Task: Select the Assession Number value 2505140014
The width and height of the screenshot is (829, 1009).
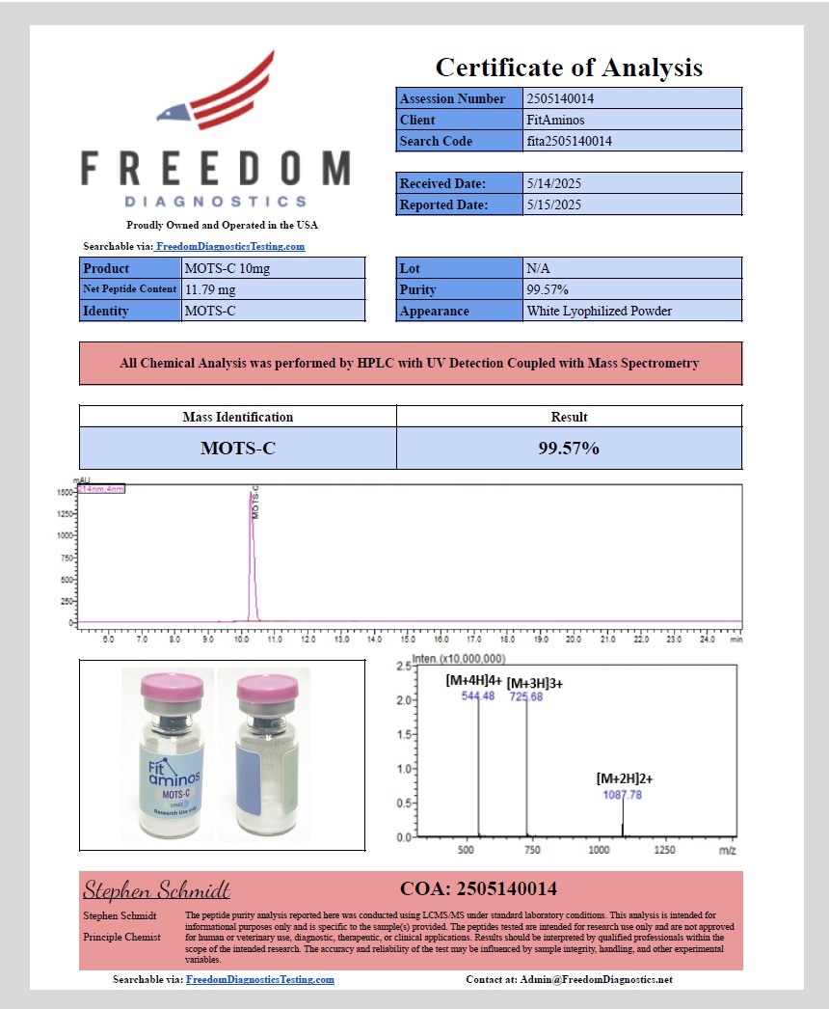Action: click(x=559, y=98)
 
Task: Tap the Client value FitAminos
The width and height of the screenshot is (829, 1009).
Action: click(x=555, y=120)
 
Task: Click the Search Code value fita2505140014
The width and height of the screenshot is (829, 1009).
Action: click(x=569, y=141)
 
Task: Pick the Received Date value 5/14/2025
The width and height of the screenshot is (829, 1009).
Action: click(x=553, y=183)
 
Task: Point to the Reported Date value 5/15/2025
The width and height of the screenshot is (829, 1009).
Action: click(x=553, y=205)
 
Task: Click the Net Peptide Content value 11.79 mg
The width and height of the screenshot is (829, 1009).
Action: click(x=210, y=289)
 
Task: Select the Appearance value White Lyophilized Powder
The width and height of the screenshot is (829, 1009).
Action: click(x=599, y=311)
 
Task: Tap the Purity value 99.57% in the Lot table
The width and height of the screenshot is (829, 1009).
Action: click(x=548, y=289)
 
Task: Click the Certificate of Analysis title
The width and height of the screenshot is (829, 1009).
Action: click(x=569, y=68)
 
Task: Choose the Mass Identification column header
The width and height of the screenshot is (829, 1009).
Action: click(x=237, y=417)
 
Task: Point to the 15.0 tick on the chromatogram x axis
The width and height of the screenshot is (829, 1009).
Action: click(x=408, y=639)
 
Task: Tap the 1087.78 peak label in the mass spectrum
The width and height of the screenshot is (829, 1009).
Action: click(x=622, y=795)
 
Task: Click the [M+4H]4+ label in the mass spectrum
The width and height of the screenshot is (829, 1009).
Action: click(x=473, y=680)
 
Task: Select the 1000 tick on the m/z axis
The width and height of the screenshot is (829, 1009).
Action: click(x=599, y=851)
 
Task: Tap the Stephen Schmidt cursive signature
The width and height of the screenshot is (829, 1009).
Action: click(x=156, y=888)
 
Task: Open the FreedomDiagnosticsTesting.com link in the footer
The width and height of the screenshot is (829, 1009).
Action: click(x=260, y=979)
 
